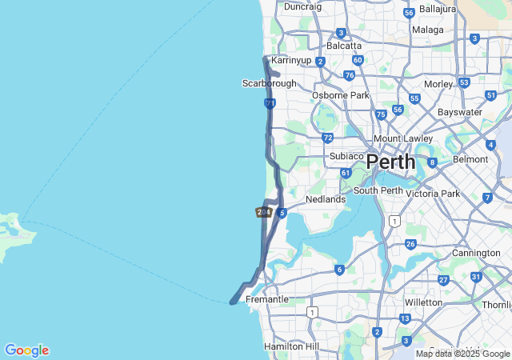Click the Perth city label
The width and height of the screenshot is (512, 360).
pyautogui.click(x=391, y=162)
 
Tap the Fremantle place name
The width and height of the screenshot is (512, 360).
pyautogui.click(x=266, y=299)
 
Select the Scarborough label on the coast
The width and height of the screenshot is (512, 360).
pyautogui.click(x=269, y=83)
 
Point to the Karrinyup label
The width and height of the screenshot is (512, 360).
pyautogui.click(x=290, y=60)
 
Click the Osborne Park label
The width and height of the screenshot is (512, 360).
pyautogui.click(x=340, y=95)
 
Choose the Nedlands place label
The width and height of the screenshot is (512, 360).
pyautogui.click(x=326, y=199)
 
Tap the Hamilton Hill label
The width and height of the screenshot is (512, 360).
pyautogui.click(x=291, y=346)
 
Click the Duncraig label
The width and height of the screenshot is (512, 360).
pyautogui.click(x=302, y=6)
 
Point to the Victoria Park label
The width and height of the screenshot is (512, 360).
pyautogui.click(x=433, y=194)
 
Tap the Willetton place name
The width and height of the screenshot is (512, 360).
pyautogui.click(x=423, y=302)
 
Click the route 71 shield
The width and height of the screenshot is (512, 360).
pyautogui.click(x=270, y=104)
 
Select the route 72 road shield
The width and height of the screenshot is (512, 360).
pyautogui.click(x=328, y=138)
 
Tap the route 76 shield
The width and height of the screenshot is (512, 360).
pyautogui.click(x=350, y=75)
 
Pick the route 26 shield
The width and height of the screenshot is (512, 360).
pyautogui.click(x=411, y=244)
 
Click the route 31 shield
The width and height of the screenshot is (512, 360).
pyautogui.click(x=476, y=277)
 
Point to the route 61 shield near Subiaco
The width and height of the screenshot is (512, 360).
pyautogui.click(x=346, y=173)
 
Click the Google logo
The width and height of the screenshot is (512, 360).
pyautogui.click(x=26, y=350)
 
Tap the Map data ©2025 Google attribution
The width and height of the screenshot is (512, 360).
pyautogui.click(x=462, y=354)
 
